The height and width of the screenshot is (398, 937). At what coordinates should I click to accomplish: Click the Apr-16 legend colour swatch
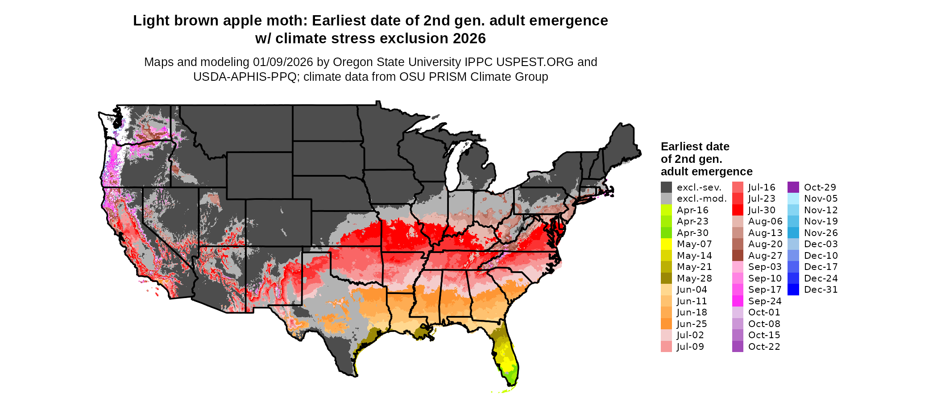pos(666,210)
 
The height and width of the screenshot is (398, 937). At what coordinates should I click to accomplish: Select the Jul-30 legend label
pos(762,210)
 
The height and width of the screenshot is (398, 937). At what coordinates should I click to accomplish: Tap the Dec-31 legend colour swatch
pos(793,290)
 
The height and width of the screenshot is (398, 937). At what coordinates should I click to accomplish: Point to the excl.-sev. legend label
pos(699,187)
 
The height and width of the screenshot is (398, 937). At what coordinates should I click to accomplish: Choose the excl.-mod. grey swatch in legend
pos(666,199)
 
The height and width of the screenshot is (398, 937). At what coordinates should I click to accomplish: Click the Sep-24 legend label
pos(764,301)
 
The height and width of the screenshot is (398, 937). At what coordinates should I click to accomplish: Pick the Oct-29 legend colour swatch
pos(793,187)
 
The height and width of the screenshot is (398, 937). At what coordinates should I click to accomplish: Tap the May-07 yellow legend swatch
pos(666,244)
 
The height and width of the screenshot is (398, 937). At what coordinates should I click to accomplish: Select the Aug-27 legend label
pos(765,256)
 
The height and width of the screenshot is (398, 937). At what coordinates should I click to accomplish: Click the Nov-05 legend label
pos(821,199)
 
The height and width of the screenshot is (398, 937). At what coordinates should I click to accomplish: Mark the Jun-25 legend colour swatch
pos(666,324)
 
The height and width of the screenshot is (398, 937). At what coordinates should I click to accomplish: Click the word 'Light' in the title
pos(149,21)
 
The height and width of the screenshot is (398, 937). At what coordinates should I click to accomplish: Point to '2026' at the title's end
pos(469,39)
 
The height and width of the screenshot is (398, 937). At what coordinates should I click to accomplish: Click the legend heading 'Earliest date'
pos(695,147)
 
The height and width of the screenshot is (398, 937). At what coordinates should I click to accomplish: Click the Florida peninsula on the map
pos(507,357)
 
